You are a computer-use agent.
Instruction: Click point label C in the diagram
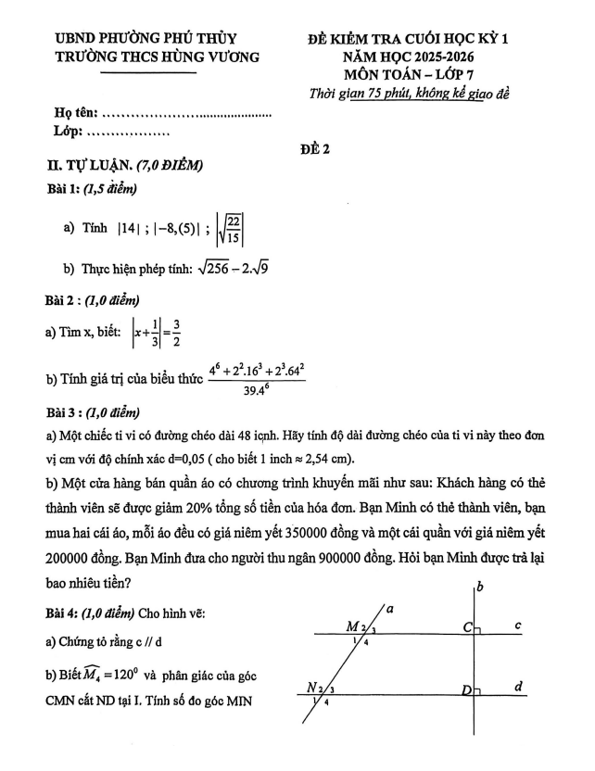[469, 627]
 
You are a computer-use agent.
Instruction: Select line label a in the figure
[391, 609]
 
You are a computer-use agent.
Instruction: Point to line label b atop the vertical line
[480, 587]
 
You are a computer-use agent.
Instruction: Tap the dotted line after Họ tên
[185, 115]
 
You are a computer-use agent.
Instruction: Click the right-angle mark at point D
[478, 690]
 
